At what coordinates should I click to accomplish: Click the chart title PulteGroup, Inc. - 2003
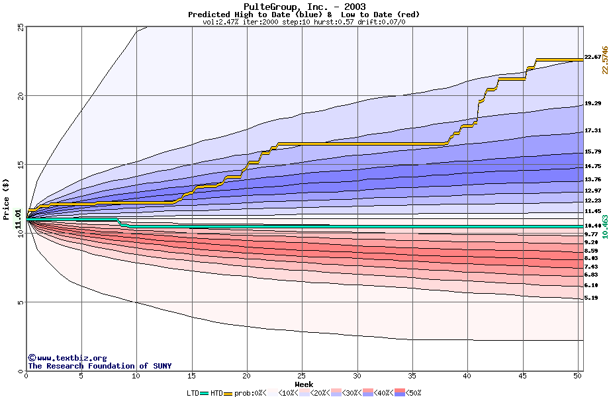(x=304, y=7)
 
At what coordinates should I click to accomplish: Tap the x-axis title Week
(x=304, y=384)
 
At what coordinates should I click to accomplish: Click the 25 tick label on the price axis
(x=20, y=26)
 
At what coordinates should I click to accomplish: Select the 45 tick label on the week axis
(x=522, y=376)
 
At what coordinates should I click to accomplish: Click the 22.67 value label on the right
(x=592, y=58)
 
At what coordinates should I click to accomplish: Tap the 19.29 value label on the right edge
(x=592, y=104)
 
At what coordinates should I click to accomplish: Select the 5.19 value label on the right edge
(x=591, y=298)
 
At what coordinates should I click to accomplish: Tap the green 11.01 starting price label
(x=19, y=218)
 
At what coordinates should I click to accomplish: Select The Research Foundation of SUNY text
(x=99, y=366)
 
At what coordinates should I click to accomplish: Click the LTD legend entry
(x=193, y=393)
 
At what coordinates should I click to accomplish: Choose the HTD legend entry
(x=216, y=393)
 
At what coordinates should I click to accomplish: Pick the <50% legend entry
(x=410, y=393)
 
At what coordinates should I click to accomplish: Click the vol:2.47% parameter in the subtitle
(x=221, y=22)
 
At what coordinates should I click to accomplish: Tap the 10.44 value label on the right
(x=592, y=226)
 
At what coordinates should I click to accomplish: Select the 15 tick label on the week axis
(x=191, y=376)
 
